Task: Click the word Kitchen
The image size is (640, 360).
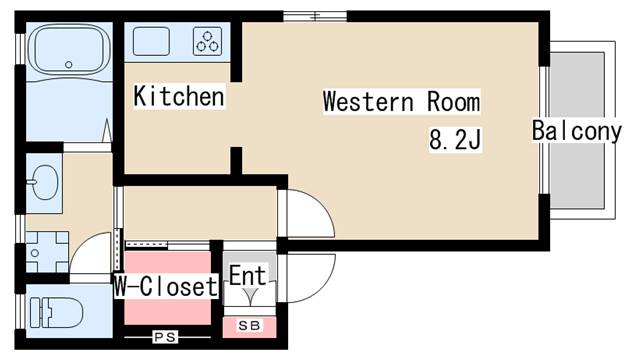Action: (x=179, y=97)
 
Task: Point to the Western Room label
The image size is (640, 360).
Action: (x=401, y=102)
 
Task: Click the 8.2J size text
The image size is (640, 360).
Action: (x=456, y=140)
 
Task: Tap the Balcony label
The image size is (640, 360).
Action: (x=577, y=131)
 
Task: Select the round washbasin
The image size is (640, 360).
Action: (x=43, y=182)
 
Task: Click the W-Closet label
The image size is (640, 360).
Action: (x=166, y=288)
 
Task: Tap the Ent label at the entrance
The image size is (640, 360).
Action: (x=248, y=276)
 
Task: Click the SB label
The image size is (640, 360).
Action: (x=246, y=325)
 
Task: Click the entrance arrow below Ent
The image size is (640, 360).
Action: (x=248, y=298)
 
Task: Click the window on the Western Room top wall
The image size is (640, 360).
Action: (x=314, y=16)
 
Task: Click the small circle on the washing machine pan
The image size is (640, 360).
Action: (x=34, y=254)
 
